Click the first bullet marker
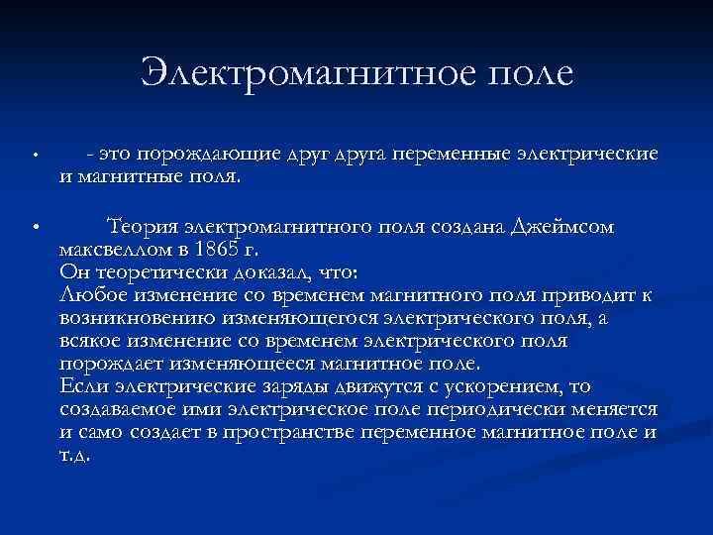point(34,156)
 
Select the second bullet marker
point(34,227)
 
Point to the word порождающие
point(198,155)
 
